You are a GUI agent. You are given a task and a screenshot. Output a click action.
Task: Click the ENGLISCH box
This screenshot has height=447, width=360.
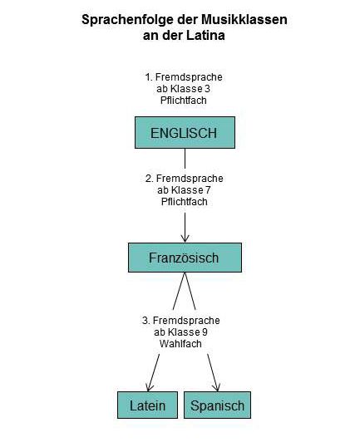(x=185, y=133)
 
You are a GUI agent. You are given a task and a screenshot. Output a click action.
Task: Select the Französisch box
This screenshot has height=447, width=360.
(x=185, y=258)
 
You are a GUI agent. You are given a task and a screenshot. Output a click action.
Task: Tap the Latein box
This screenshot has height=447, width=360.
(x=147, y=405)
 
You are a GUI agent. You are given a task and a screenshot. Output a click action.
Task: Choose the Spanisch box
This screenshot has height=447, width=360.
(x=217, y=405)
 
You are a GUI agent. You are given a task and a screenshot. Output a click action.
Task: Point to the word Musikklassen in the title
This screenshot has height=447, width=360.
(x=244, y=20)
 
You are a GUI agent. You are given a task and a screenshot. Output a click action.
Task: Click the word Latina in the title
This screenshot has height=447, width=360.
(x=205, y=36)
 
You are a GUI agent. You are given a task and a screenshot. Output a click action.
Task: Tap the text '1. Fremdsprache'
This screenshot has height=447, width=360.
(x=184, y=77)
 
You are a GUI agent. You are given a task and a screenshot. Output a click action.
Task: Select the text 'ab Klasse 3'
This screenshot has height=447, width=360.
(x=183, y=89)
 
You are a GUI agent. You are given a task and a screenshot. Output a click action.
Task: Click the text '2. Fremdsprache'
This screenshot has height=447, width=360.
(x=185, y=179)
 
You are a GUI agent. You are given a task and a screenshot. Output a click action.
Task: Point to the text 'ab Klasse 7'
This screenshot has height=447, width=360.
(x=184, y=190)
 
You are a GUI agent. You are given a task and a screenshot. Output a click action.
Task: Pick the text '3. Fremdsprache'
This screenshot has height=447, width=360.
(x=181, y=321)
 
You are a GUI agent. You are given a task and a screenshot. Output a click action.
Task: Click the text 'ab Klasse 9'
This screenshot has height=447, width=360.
(x=181, y=332)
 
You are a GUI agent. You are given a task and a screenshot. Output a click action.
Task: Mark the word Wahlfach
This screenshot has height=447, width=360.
(x=180, y=343)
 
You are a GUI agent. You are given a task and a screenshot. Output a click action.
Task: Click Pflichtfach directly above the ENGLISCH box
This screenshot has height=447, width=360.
(x=184, y=101)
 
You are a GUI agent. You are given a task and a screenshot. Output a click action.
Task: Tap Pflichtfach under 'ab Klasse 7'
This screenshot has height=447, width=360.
(x=185, y=202)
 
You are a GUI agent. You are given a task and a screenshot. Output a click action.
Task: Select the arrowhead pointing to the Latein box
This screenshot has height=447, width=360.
(x=149, y=387)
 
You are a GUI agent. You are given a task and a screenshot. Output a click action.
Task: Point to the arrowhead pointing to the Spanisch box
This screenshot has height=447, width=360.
(x=216, y=387)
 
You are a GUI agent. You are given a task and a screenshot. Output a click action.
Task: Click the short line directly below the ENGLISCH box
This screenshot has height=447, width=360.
(x=185, y=159)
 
